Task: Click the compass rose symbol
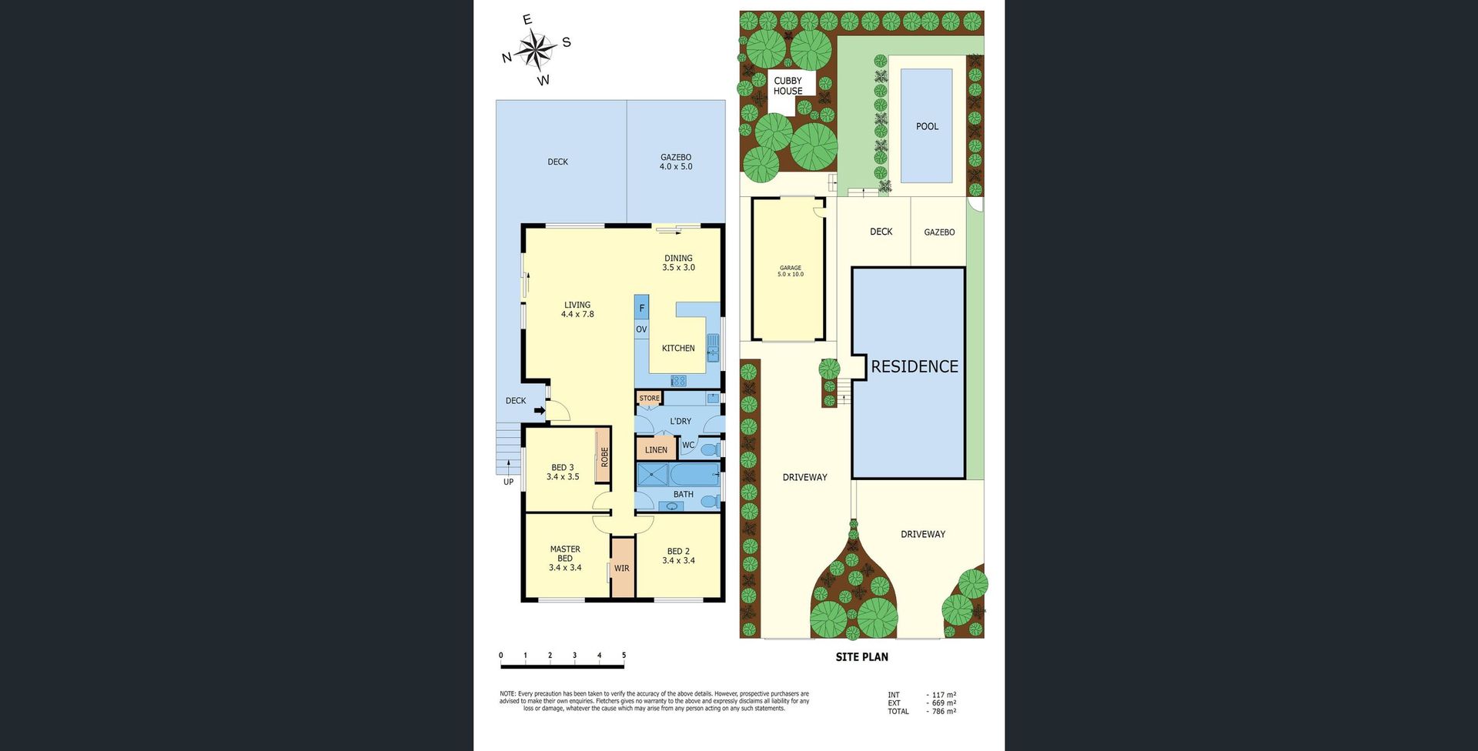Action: coord(537,50)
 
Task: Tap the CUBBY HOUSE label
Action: coord(787,85)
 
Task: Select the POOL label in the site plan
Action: coord(927,126)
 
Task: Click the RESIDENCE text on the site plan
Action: coord(915,366)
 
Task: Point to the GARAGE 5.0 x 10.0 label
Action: coord(791,271)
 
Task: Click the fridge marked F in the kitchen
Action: coord(641,308)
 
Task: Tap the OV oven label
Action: coord(641,329)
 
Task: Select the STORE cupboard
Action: coord(649,399)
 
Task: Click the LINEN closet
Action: coord(656,449)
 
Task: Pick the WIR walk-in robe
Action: coord(622,568)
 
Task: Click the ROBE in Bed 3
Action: coord(604,457)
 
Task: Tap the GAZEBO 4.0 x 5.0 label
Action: coord(676,162)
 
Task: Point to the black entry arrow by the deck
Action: coord(540,410)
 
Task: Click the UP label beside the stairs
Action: coord(508,482)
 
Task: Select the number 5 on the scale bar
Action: coord(624,656)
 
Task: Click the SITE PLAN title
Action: coord(862,657)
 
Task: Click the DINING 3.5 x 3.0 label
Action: coord(678,263)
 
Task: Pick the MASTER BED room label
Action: coord(565,559)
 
